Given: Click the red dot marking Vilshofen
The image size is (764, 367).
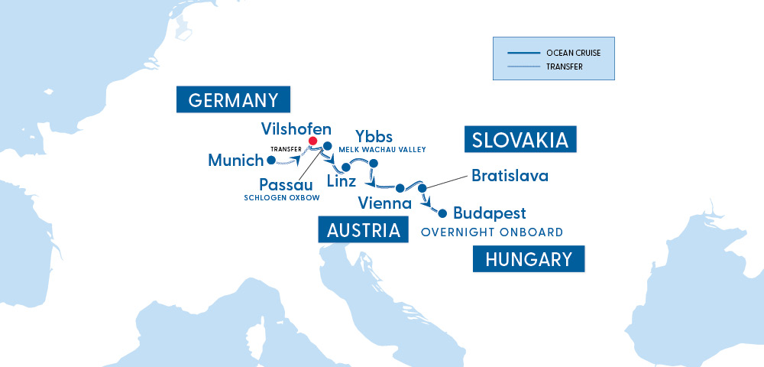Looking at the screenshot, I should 312,141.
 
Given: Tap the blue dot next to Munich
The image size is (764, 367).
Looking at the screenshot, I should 270,161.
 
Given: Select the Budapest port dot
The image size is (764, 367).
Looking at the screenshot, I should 442,213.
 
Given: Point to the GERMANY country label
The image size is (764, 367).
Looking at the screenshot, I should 232,100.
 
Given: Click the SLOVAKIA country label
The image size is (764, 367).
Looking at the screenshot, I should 520,140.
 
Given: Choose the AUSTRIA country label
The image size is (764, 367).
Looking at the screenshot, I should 362,230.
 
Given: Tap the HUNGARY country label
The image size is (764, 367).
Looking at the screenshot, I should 528,259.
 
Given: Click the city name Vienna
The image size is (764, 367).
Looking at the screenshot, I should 385,203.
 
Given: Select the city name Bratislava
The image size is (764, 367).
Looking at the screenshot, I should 510,176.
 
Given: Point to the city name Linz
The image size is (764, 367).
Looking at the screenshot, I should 341,182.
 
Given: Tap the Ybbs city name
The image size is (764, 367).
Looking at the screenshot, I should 374,137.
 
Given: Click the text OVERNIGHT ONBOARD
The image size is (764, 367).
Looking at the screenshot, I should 491,232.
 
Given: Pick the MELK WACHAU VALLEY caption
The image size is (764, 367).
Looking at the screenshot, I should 387,149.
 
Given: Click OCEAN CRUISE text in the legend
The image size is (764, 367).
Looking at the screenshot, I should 573,53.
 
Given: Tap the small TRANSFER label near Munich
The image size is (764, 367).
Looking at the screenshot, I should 286,148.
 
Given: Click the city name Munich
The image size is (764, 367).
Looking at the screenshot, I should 235,161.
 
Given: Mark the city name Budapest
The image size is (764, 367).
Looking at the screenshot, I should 489,213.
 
